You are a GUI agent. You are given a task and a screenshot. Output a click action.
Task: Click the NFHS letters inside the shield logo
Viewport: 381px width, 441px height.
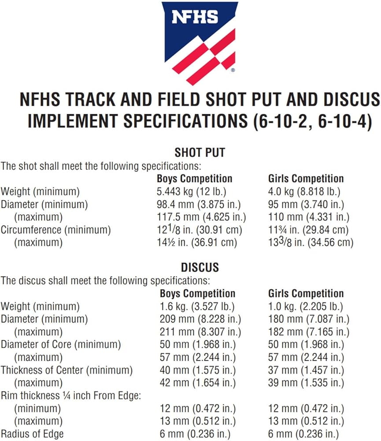[x=194, y=18]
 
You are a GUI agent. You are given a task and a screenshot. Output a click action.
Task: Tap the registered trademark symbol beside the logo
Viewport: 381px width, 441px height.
[x=233, y=70]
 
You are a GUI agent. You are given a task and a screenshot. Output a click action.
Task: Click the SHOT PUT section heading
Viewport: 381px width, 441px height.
[x=200, y=153]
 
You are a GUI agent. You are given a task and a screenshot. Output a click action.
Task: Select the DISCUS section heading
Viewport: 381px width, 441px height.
[x=200, y=268]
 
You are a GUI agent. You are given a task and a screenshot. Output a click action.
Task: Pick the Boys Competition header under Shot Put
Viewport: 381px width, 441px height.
[x=194, y=179]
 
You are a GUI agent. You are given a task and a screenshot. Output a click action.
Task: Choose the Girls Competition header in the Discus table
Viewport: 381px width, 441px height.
[x=306, y=294]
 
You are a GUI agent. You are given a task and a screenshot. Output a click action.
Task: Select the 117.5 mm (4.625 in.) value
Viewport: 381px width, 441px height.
[x=201, y=217]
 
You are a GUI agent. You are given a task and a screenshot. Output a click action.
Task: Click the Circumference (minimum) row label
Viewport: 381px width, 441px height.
[x=55, y=230]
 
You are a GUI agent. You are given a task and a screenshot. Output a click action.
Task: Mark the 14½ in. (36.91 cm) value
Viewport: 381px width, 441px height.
[x=197, y=243]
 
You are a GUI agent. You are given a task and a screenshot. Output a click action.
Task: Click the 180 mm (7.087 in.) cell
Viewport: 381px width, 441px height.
[x=309, y=319]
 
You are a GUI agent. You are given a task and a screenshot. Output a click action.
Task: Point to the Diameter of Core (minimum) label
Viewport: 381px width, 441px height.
[x=61, y=344]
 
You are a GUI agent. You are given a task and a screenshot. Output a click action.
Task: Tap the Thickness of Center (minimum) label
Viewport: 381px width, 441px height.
[x=67, y=370]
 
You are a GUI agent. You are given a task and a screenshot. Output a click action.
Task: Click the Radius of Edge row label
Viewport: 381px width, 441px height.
[x=32, y=434]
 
